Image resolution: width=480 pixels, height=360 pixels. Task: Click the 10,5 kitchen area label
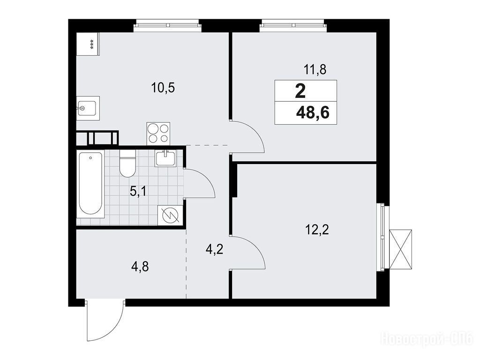click(163, 88)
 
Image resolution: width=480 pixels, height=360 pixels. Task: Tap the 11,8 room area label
click(315, 70)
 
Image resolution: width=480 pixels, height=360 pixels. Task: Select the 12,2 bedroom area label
click(317, 229)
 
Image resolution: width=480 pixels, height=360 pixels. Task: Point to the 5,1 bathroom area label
click(138, 192)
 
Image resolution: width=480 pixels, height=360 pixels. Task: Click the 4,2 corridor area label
click(214, 250)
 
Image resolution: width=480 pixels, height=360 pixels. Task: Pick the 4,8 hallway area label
click(140, 267)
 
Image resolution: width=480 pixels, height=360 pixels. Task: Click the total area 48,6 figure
click(313, 113)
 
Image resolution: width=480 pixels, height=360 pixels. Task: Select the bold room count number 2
click(300, 91)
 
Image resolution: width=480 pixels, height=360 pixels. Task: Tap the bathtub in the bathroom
click(90, 184)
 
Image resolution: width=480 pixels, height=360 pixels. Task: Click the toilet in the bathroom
click(127, 164)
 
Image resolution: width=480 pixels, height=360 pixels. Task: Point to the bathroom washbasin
click(165, 158)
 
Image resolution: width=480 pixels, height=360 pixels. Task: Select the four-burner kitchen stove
click(158, 134)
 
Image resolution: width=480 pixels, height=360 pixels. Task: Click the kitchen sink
click(88, 108)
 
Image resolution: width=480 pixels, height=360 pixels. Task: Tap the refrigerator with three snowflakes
click(88, 44)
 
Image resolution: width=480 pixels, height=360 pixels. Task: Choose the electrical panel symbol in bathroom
click(170, 215)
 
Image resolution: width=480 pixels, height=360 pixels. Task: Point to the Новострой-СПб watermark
click(427, 340)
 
